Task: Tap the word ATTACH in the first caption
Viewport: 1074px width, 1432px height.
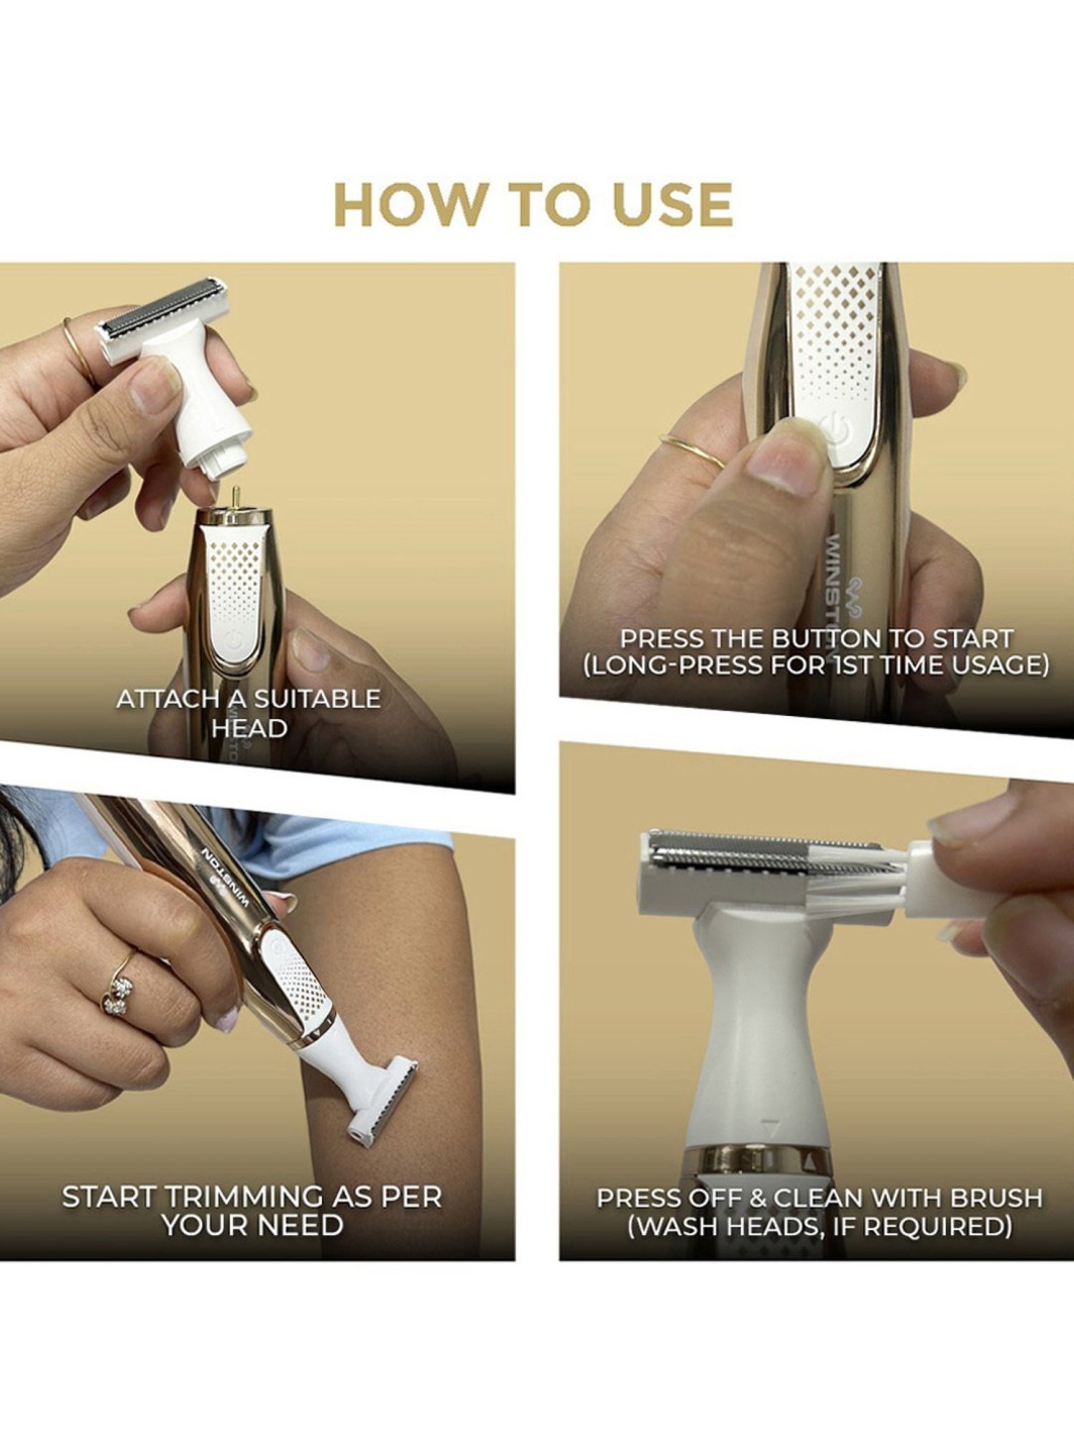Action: (162, 699)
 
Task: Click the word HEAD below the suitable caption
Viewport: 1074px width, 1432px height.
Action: (248, 728)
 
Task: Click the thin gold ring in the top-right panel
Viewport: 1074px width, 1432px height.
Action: (691, 451)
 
